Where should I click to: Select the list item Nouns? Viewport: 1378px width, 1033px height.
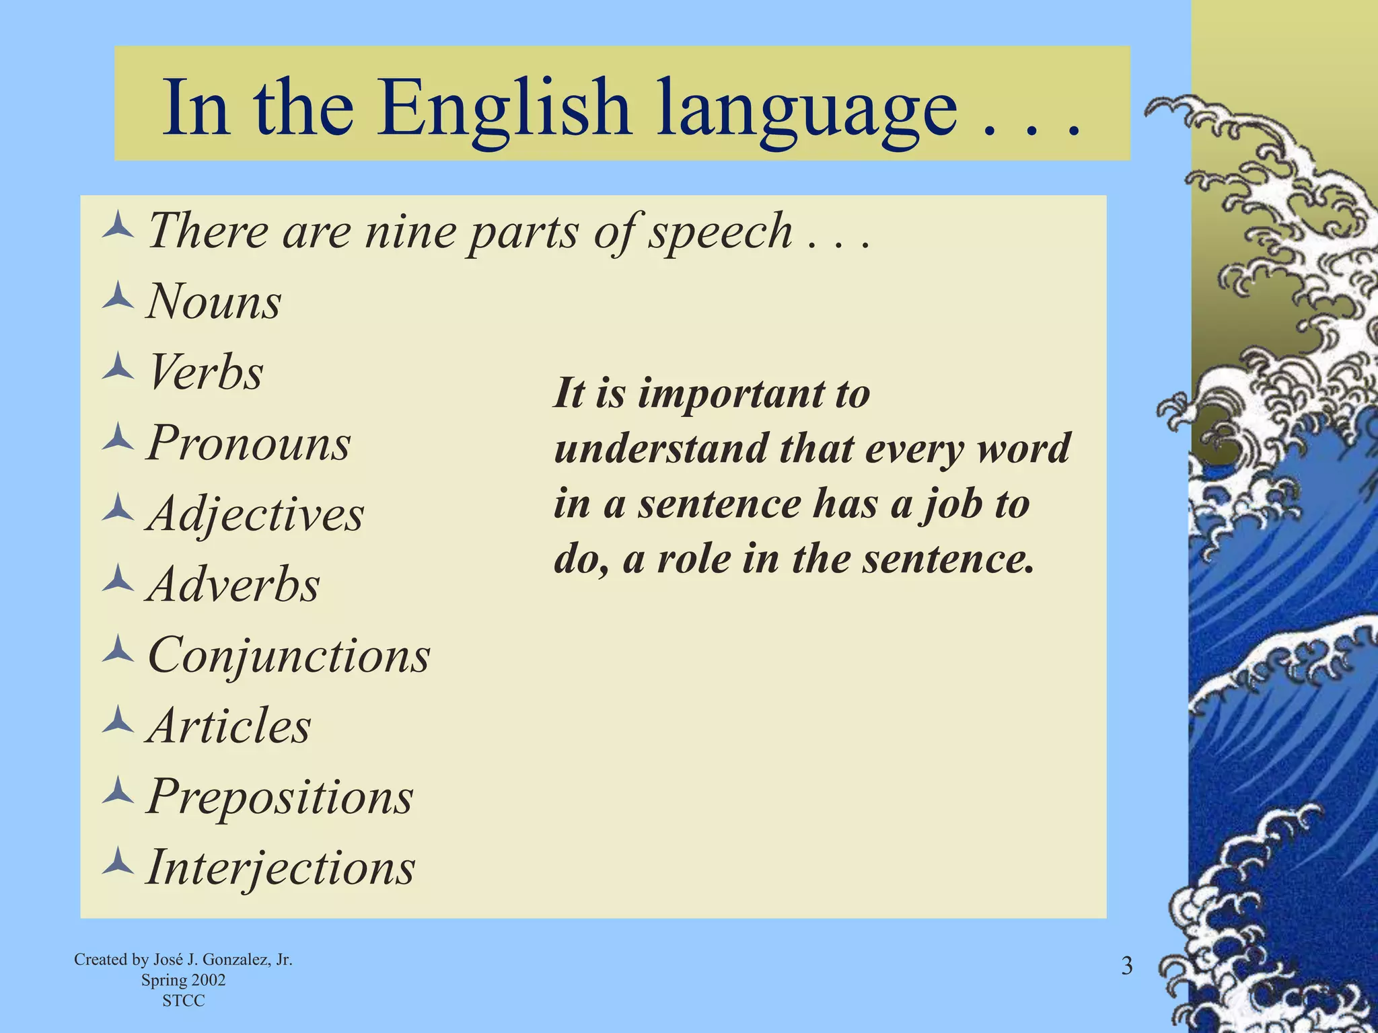(x=214, y=302)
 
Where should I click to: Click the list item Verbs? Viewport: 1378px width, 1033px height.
(x=205, y=372)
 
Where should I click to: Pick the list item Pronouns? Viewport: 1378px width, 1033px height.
(x=248, y=443)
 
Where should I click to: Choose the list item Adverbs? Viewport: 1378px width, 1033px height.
(x=233, y=584)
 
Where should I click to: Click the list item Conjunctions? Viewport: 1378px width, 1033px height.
(x=289, y=656)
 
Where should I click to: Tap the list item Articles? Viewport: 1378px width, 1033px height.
(x=229, y=726)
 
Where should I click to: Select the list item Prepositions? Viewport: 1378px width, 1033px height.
(x=279, y=797)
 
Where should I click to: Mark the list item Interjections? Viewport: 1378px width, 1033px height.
(x=281, y=868)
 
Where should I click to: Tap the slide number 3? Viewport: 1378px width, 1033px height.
(x=1126, y=966)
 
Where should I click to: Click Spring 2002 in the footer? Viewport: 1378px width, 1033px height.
(x=183, y=981)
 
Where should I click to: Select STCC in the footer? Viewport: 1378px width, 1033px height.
(x=183, y=1001)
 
